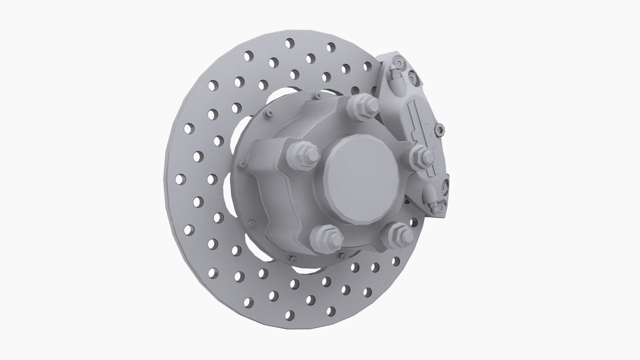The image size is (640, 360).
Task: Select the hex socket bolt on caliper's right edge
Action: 440,130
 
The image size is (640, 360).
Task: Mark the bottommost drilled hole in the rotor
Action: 290,315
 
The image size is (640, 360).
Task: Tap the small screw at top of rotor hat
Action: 318,96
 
